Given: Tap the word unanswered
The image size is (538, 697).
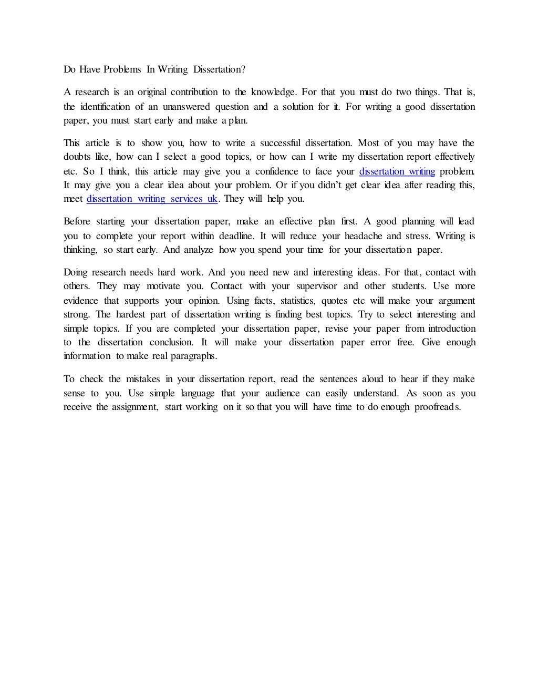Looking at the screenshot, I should tap(187, 107).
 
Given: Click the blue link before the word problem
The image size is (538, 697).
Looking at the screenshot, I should tap(397, 171).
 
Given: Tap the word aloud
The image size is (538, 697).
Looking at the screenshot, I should tap(373, 379).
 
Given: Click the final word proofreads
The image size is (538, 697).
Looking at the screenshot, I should tap(437, 407).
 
